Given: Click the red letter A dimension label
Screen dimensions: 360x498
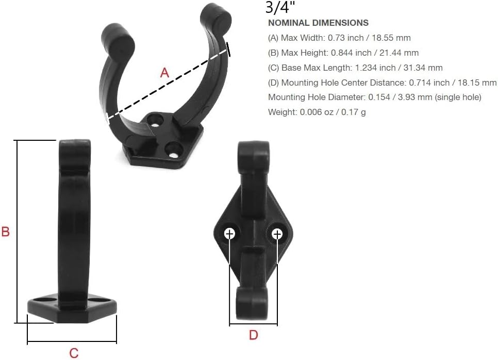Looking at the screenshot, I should (x=164, y=73).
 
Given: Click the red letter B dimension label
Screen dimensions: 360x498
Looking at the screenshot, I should (x=6, y=232).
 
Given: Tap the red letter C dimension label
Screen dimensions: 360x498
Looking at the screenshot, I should (x=74, y=353).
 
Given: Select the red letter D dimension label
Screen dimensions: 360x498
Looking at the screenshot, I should (x=253, y=335).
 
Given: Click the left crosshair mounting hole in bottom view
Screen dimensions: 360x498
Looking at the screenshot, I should (x=230, y=234).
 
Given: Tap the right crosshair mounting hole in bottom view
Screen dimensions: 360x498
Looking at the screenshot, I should (x=277, y=235).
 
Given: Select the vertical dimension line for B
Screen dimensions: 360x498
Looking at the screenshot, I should (x=18, y=231).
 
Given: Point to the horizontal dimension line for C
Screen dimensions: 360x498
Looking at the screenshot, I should (x=72, y=342).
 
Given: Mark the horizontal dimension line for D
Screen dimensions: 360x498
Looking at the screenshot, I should (x=253, y=324).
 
